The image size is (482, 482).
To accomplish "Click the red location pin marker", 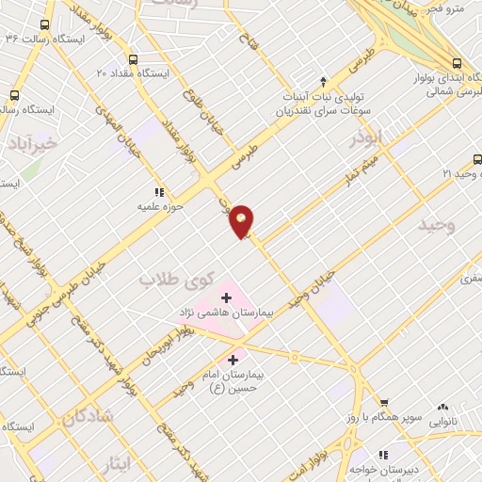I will coord(243,219).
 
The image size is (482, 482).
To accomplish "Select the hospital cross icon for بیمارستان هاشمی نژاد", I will coord(225,297).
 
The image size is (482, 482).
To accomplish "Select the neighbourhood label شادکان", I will coord(87,416).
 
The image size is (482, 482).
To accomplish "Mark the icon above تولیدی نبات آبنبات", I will coord(324,81).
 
